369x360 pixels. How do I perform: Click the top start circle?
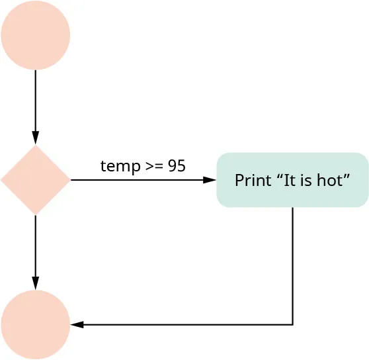pos(35,35)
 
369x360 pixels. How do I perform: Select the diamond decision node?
pos(35,180)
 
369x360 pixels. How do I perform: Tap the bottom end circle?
pos(35,324)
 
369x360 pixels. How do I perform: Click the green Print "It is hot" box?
pos(292,180)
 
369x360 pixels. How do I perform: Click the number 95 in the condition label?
pos(177,166)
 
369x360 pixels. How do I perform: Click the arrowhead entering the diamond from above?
pos(35,140)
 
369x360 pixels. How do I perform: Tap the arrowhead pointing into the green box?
pos(210,180)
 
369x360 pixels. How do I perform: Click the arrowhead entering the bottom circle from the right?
pos(77,324)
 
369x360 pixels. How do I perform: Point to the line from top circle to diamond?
pos(35,99)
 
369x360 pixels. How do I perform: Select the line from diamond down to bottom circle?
pos(35,245)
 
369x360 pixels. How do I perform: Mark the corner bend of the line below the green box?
pos(292,324)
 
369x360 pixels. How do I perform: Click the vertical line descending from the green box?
pos(292,265)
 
